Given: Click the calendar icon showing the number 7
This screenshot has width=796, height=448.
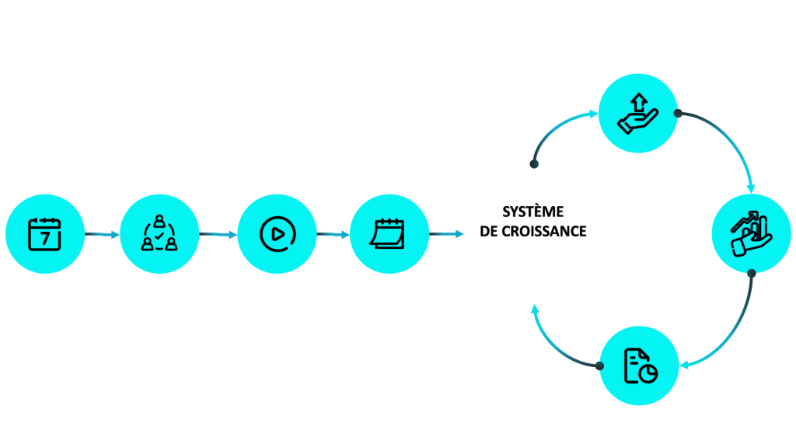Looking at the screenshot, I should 45,233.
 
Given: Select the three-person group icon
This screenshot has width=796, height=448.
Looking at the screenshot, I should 159,233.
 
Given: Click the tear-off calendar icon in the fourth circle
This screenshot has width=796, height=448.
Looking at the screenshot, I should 388,233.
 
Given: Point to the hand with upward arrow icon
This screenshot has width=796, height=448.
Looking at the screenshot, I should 637,113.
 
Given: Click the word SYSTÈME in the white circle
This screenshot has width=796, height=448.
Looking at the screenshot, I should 533,212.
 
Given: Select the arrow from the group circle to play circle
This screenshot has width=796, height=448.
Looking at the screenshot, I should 217,233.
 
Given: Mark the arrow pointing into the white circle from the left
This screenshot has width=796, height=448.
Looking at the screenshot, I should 445,233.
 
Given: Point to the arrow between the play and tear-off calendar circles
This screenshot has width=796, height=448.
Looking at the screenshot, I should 331,233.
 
